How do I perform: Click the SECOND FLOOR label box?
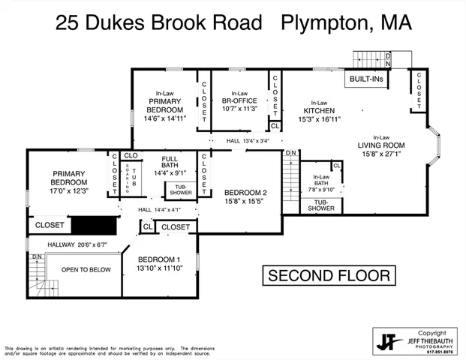click(329, 275)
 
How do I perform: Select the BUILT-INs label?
click(366, 78)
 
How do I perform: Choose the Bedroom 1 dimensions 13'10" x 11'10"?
click(158, 267)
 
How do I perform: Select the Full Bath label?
click(169, 163)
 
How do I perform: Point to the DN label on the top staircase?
click(387, 57)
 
